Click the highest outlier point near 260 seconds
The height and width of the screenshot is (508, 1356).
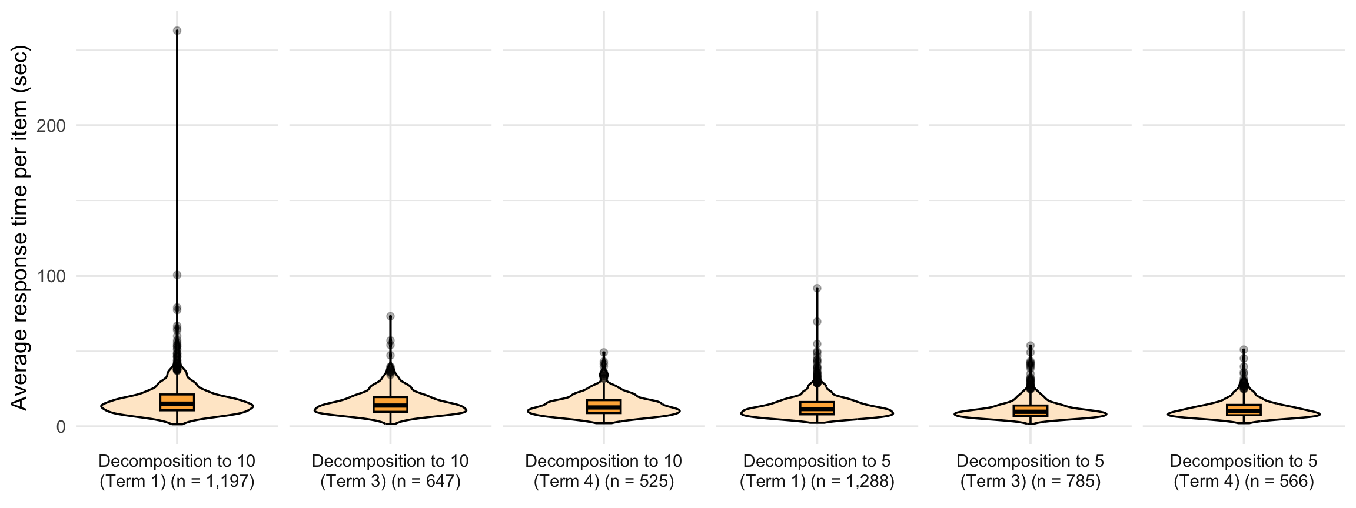tap(177, 31)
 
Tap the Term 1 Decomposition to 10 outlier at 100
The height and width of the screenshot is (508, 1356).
tap(177, 275)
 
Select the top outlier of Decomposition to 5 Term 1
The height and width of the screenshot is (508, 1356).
tap(817, 288)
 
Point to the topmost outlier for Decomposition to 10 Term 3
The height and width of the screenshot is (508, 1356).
tap(390, 316)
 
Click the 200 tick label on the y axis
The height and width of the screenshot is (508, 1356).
tap(51, 125)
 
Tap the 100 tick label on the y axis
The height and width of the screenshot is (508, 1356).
tap(51, 276)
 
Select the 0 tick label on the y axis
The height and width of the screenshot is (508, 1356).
tap(61, 426)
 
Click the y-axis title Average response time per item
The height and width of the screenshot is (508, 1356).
tap(19, 228)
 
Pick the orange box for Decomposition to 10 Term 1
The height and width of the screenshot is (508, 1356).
tap(177, 402)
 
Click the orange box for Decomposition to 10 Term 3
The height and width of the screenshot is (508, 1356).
tap(390, 404)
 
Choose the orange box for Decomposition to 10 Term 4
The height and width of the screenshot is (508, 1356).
tap(604, 406)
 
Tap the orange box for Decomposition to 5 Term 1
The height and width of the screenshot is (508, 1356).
tap(817, 408)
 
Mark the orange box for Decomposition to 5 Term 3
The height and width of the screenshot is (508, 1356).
tap(1031, 410)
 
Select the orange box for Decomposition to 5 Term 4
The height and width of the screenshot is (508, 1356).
tap(1244, 410)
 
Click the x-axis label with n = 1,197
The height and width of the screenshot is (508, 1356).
tap(177, 472)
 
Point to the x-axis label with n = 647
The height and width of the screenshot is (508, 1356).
tap(390, 472)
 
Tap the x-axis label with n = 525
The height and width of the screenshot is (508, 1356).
tap(604, 472)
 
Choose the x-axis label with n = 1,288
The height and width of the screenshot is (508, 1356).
tap(817, 472)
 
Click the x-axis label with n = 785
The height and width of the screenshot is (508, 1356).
tap(1031, 472)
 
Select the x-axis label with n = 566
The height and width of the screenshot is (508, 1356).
tap(1244, 472)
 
